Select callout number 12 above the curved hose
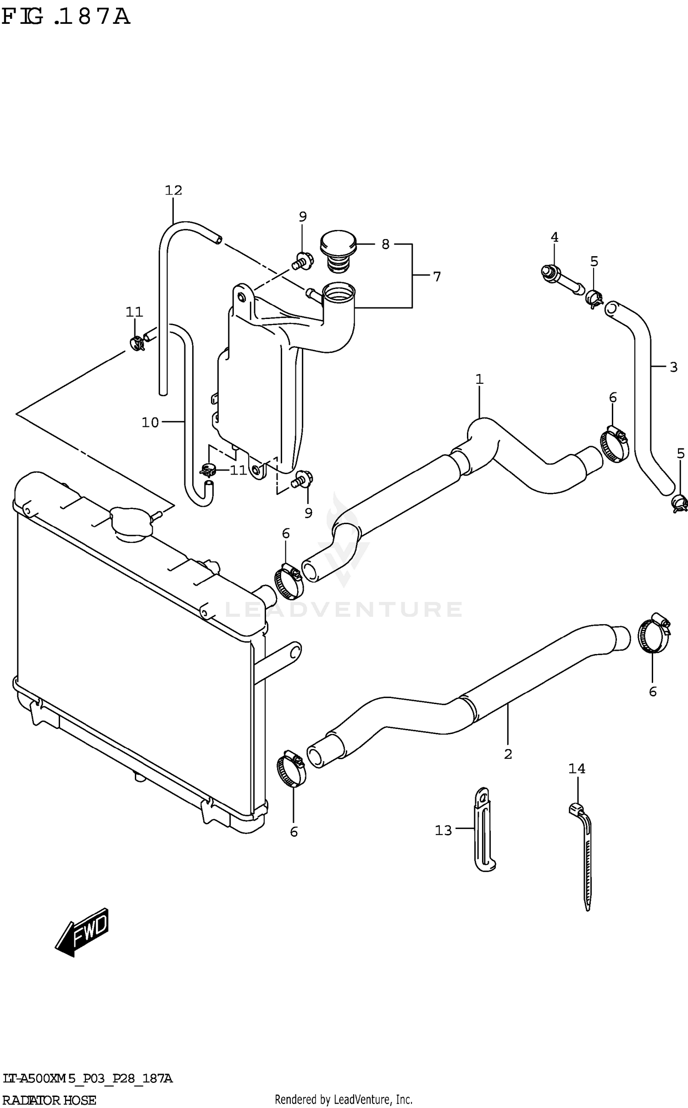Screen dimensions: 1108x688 tap(173, 190)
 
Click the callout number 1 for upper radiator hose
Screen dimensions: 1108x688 tap(479, 379)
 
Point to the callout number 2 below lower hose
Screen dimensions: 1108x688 tap(508, 754)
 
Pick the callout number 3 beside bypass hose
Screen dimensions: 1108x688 tap(673, 367)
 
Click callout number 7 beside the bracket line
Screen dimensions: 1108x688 tap(437, 277)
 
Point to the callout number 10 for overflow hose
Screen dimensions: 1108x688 tap(150, 422)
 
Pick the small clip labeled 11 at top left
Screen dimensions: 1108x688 tap(136, 342)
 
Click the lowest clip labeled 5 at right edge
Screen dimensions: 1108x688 tap(679, 504)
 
